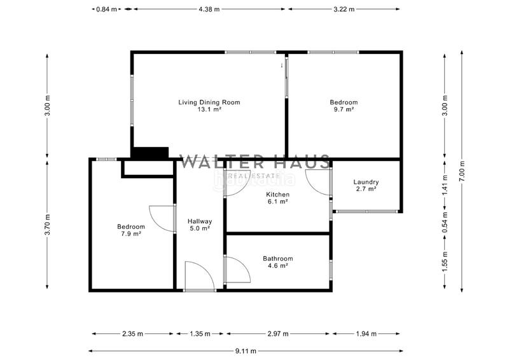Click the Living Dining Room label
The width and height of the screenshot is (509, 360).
point(209,102)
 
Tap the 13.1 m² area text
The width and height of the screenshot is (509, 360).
point(209,109)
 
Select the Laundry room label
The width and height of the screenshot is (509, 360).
point(366,182)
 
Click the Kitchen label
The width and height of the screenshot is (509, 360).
point(278,195)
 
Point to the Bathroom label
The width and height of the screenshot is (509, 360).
point(278,259)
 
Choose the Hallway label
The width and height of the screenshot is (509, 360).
point(200,221)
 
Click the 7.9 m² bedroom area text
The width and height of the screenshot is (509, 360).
point(131,233)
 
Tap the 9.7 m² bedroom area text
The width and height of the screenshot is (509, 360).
point(344,109)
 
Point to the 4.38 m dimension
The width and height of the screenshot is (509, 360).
point(209,9)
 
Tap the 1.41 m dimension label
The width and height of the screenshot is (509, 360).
point(445,183)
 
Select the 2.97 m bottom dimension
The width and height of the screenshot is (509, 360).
point(277,333)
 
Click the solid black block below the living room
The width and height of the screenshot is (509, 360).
point(150,153)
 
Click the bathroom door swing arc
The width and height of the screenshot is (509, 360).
point(235,270)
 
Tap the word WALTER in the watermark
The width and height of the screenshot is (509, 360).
point(214,162)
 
